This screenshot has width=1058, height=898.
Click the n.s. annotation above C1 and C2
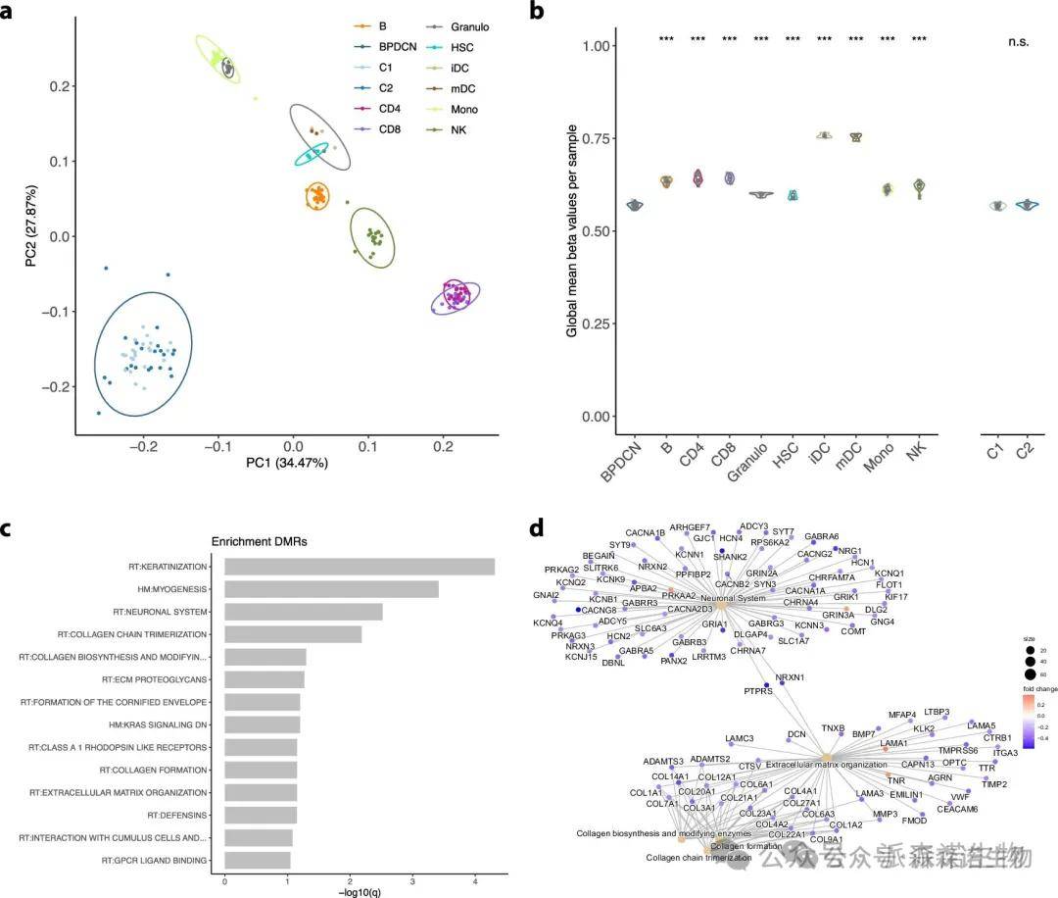pyautogui.click(x=1023, y=41)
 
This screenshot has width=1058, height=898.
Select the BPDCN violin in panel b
pyautogui.click(x=635, y=205)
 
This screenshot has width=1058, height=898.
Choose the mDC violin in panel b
pyautogui.click(x=856, y=137)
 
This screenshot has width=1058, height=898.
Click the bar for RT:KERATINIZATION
pyautogui.click(x=359, y=567)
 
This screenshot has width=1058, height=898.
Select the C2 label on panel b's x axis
pyautogui.click(x=1024, y=452)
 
